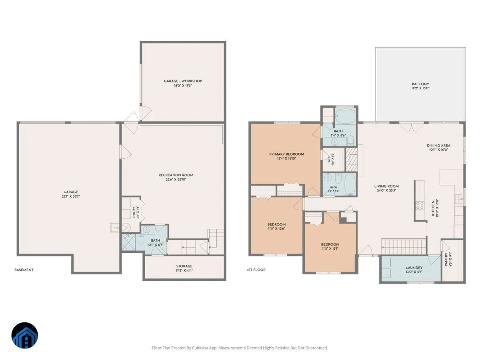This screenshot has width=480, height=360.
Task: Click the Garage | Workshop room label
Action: (183, 81)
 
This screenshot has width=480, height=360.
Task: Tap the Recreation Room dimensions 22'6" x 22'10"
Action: (176, 180)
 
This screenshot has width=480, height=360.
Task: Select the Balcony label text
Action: (420, 84)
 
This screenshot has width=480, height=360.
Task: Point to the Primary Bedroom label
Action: (286, 154)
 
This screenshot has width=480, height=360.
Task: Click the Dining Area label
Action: (438, 146)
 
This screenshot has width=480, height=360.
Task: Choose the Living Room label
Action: (386, 186)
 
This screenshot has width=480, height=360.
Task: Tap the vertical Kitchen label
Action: (433, 208)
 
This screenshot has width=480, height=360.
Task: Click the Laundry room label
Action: (414, 268)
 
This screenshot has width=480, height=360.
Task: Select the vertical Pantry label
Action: (446, 260)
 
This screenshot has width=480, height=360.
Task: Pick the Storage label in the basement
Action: (184, 266)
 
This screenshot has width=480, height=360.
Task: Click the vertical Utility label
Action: (134, 212)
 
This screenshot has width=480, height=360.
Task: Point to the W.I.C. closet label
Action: (329, 159)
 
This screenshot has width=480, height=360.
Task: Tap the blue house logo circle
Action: (25, 335)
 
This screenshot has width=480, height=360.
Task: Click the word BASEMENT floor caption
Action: (24, 270)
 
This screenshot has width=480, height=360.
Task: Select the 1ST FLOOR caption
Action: (256, 270)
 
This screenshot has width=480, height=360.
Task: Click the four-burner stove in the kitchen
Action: (420, 206)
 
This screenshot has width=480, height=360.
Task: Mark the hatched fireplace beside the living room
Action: (351, 159)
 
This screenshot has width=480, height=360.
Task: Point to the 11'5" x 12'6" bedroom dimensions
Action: (277, 229)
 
